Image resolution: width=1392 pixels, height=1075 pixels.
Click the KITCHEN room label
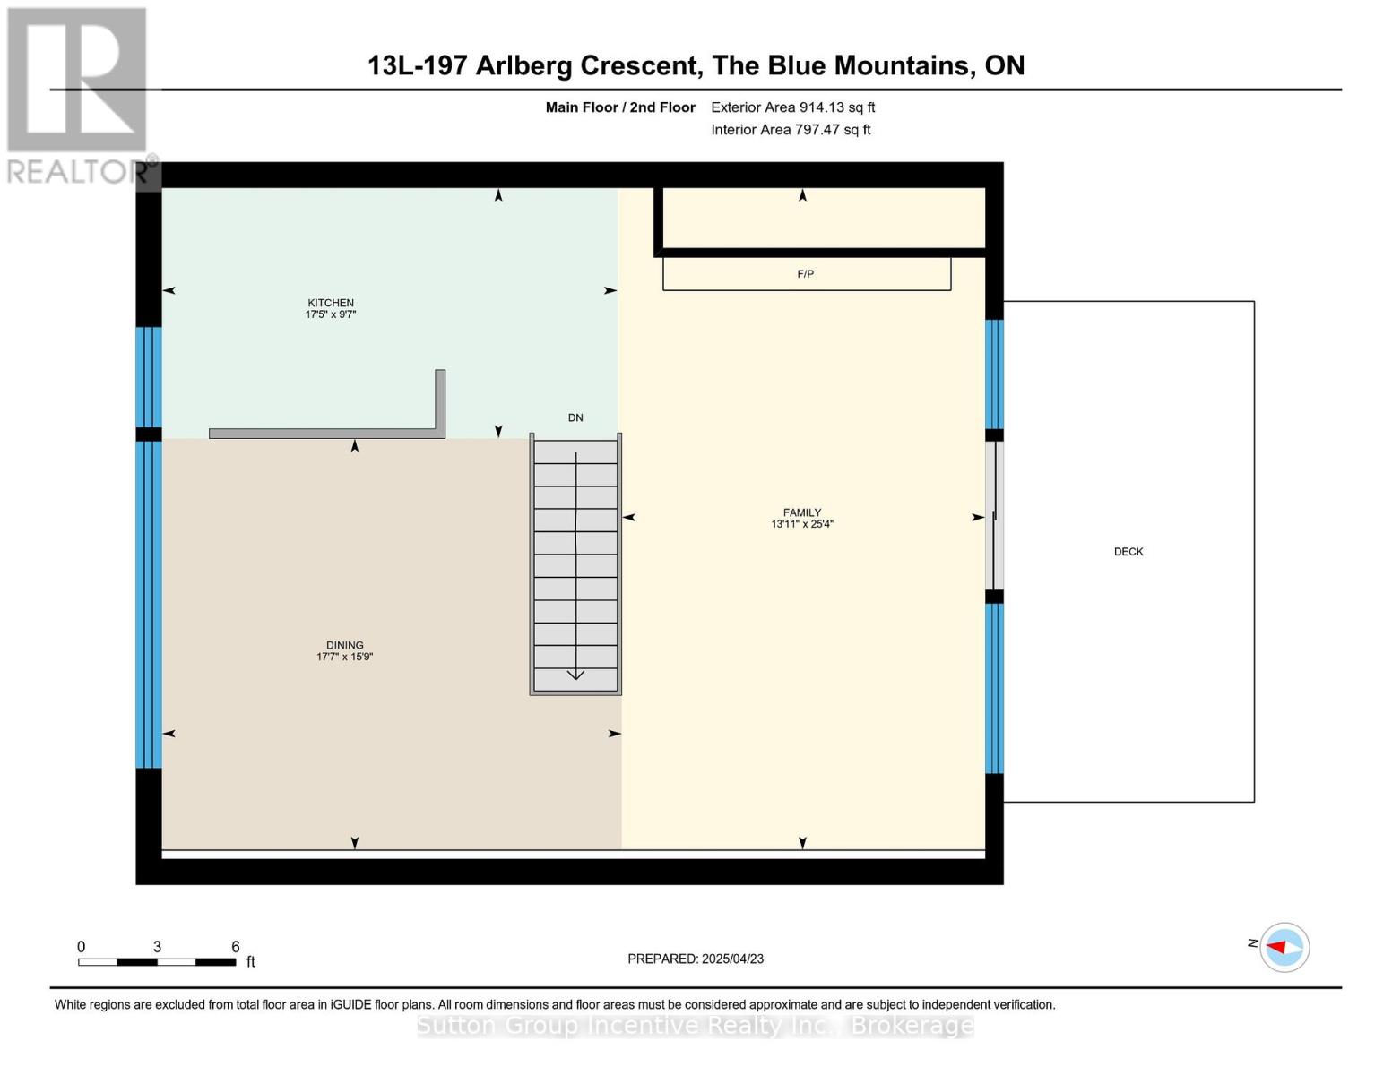(x=331, y=303)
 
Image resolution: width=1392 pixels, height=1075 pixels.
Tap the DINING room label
(x=344, y=645)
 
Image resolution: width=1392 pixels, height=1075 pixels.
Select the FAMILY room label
(x=801, y=512)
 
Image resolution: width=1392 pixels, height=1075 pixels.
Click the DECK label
(x=1128, y=552)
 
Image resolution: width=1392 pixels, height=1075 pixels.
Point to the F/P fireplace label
(x=805, y=274)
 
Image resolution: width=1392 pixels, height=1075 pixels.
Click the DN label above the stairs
(x=575, y=417)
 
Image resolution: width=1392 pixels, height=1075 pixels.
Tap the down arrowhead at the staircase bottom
(x=575, y=675)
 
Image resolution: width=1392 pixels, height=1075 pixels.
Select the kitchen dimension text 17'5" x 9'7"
(x=331, y=315)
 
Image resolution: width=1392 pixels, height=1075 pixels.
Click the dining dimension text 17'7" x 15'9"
(x=344, y=658)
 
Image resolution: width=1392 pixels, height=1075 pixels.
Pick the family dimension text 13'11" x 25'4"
(x=801, y=524)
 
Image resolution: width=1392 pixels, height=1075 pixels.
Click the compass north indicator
(x=1284, y=947)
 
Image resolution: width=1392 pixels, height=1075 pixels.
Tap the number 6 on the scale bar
(x=236, y=947)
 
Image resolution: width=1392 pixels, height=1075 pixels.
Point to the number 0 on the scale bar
(x=81, y=947)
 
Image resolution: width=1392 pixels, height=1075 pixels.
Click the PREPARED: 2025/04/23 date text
(x=696, y=959)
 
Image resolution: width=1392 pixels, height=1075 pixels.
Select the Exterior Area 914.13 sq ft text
(x=792, y=107)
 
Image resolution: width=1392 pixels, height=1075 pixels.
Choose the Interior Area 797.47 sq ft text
(x=791, y=130)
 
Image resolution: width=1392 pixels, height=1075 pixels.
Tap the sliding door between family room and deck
(x=993, y=516)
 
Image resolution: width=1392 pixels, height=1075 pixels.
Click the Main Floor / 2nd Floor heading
(x=620, y=107)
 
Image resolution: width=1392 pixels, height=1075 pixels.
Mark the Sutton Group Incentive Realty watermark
(x=696, y=1025)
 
